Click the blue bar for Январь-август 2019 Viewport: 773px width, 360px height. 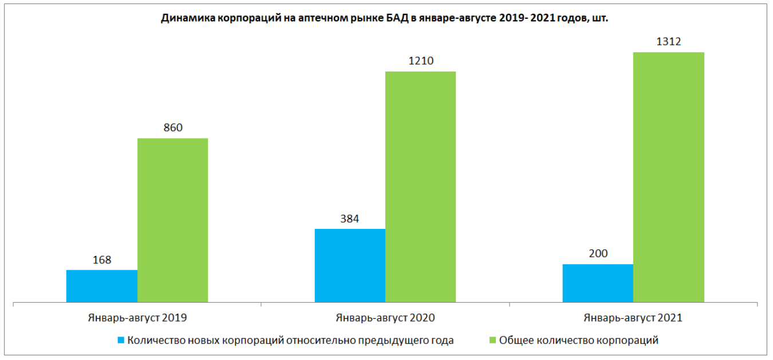point(102,286)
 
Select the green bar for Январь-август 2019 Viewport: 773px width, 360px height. point(172,220)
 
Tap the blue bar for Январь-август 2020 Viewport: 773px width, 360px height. point(350,265)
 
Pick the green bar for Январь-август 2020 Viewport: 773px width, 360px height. point(420,187)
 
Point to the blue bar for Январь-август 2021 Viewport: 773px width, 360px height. point(598,283)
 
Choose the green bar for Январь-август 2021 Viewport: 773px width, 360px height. point(668,177)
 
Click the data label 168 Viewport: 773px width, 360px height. point(102,260)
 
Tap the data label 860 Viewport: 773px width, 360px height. point(172,128)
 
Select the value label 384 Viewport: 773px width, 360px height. point(349,219)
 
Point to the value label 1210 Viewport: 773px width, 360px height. point(420,61)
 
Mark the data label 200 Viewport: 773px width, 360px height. point(598,254)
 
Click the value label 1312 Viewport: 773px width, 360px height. point(668,42)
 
